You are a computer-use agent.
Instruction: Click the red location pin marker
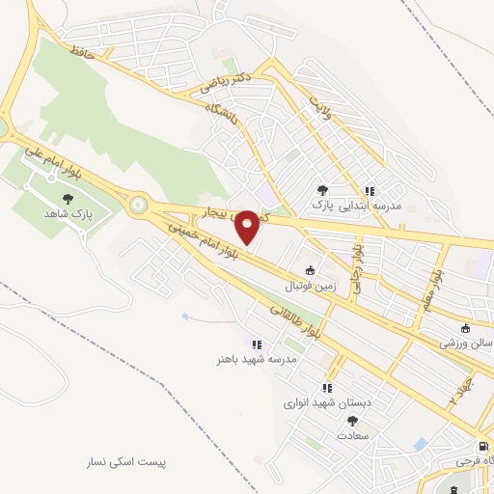point(247,226)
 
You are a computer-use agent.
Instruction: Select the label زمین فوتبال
point(308,287)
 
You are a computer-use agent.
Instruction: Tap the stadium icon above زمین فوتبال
point(309,271)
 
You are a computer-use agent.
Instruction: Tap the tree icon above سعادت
point(351,420)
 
